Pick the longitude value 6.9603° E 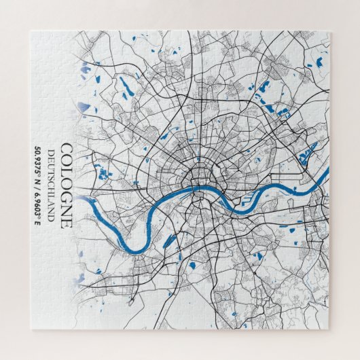pyautogui.click(x=39, y=203)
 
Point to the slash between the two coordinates pyautogui.click(x=39, y=183)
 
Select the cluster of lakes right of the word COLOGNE pyautogui.click(x=103, y=174)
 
